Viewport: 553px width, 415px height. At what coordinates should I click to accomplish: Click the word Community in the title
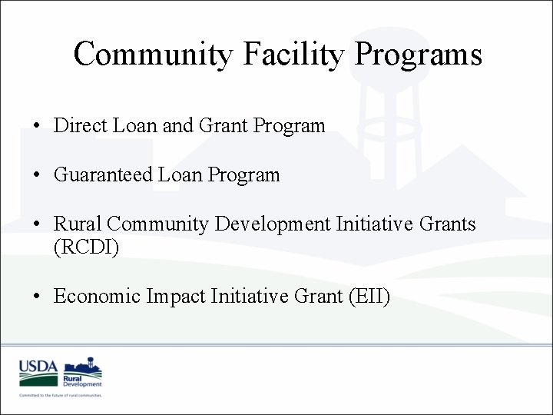click(x=150, y=55)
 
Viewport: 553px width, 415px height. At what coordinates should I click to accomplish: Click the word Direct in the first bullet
click(x=81, y=125)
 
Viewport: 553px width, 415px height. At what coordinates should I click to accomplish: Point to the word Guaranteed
click(x=103, y=175)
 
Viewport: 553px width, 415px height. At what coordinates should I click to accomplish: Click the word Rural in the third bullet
click(x=78, y=224)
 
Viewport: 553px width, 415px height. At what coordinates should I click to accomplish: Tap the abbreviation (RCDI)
click(x=86, y=247)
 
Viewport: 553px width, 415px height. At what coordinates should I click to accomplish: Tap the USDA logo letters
click(x=38, y=367)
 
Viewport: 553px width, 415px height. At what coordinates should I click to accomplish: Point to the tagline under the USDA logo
click(x=61, y=395)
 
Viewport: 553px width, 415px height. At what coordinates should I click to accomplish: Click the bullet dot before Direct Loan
click(x=37, y=126)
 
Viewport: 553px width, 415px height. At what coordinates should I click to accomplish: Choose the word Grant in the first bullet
click(x=225, y=125)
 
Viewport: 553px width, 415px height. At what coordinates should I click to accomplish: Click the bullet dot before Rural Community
click(x=37, y=225)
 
